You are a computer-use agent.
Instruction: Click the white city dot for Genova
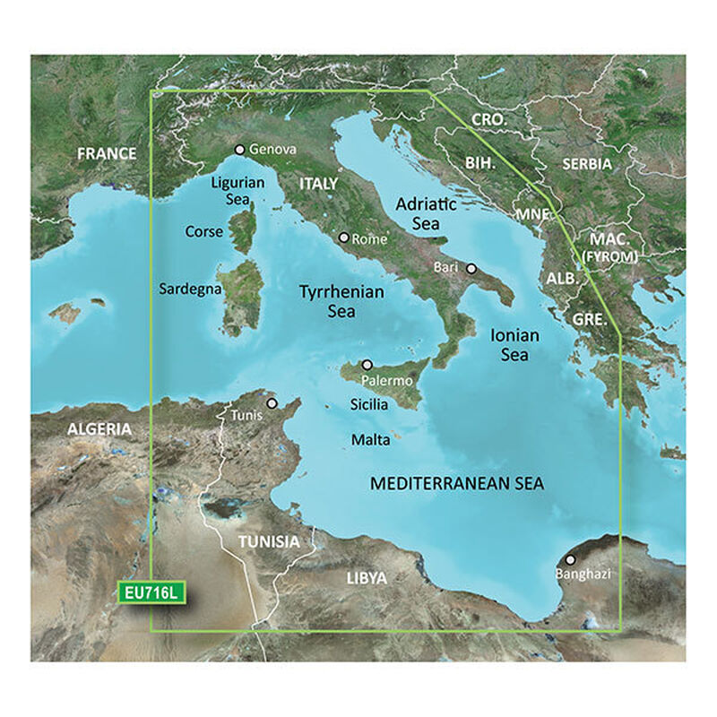click(239, 150)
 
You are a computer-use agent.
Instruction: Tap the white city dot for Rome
click(342, 238)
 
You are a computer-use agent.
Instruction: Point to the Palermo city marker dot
click(367, 366)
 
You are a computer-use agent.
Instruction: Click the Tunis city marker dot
click(272, 403)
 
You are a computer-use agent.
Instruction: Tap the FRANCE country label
click(107, 154)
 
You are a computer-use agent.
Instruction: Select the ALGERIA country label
click(99, 429)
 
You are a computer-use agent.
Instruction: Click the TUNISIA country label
click(268, 542)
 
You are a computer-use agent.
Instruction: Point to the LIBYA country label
click(366, 578)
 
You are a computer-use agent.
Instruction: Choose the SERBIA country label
click(587, 164)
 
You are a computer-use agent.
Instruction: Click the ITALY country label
click(319, 183)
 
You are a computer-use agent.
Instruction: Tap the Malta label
click(370, 440)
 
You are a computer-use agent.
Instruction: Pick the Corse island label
click(204, 231)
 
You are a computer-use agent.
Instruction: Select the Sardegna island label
click(186, 289)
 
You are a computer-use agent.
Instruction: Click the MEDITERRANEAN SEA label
click(457, 484)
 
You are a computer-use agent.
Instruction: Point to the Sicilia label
click(368, 405)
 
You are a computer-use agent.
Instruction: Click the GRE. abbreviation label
click(591, 319)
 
